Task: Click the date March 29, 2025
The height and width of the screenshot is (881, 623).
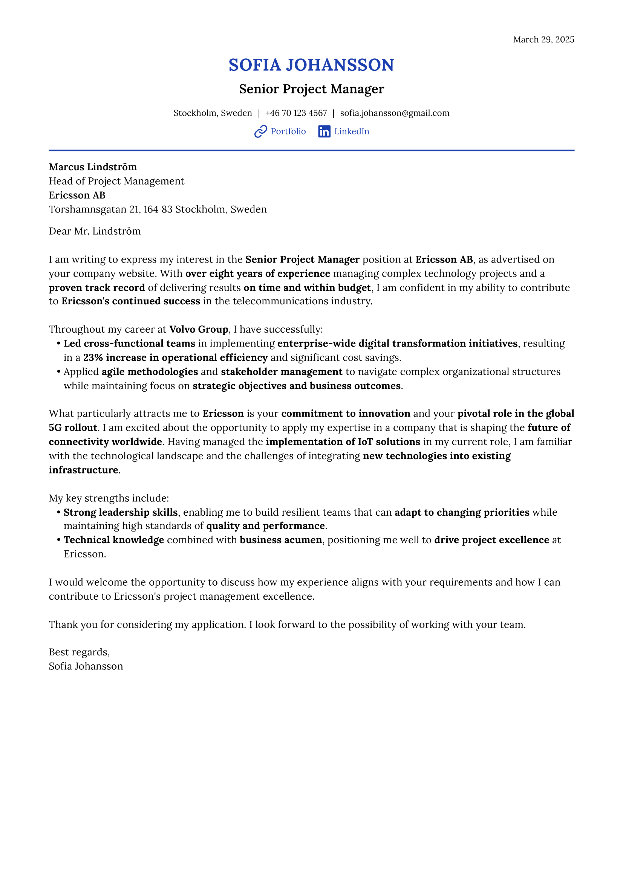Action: pos(543,40)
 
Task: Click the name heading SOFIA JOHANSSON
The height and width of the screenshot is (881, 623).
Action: pos(311,65)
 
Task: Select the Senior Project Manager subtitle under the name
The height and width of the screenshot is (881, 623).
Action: pos(311,89)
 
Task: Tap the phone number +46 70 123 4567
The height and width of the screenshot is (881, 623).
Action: pos(296,113)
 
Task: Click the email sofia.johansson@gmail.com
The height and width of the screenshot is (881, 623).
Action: pos(395,113)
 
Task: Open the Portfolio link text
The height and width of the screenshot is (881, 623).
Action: pos(288,131)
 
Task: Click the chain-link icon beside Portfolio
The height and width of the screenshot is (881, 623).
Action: pos(261,131)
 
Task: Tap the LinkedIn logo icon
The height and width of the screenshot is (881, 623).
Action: pos(324,131)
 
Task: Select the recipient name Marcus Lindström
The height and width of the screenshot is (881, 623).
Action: pos(93,167)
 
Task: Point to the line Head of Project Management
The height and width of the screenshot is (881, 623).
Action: pos(116,181)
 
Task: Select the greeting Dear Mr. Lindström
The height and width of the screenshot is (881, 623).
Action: pos(95,231)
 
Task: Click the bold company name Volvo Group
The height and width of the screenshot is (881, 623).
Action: pos(199,330)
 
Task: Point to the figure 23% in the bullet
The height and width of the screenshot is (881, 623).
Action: pos(93,357)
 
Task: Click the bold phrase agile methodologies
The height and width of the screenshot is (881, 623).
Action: pos(150,372)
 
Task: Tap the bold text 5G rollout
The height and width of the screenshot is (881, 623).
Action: pos(73,428)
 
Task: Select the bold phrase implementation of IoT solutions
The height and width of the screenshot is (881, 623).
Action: pos(343,442)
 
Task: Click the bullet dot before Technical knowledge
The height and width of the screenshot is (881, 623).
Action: pos(59,540)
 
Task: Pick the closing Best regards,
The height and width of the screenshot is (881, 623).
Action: pos(80,652)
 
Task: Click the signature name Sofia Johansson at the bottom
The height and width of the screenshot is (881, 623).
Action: pos(86,667)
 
